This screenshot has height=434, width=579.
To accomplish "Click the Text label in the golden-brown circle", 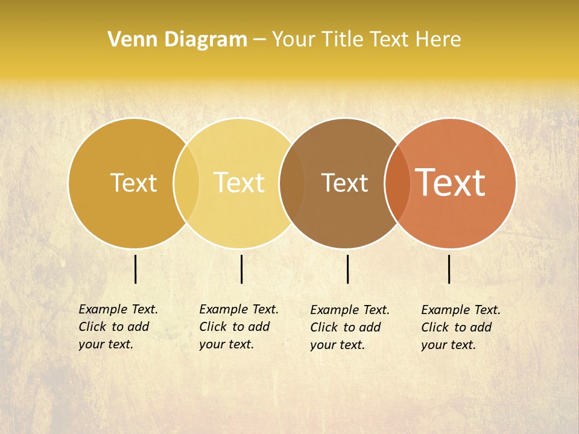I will (133, 183).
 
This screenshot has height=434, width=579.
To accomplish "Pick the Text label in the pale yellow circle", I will (239, 183).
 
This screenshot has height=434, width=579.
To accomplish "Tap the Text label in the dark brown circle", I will (344, 183).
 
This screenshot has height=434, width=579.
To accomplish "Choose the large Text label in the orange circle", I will (451, 183).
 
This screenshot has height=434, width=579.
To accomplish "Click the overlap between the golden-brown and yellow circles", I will (186, 183).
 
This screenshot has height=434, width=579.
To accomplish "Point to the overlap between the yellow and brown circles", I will (292, 183).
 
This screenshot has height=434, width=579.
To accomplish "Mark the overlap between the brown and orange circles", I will (397, 183).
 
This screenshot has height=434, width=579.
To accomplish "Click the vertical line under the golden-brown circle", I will (136, 269).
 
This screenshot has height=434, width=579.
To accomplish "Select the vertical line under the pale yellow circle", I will (241, 269).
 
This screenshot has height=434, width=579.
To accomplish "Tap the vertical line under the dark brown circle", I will (348, 269).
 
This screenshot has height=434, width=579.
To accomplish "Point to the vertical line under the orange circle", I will (449, 269).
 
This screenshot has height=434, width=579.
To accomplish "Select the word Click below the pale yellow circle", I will (212, 327).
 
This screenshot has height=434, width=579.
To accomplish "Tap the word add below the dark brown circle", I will (369, 327).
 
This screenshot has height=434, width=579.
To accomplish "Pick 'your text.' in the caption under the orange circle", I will (448, 345).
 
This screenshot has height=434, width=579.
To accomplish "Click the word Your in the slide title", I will (293, 39).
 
